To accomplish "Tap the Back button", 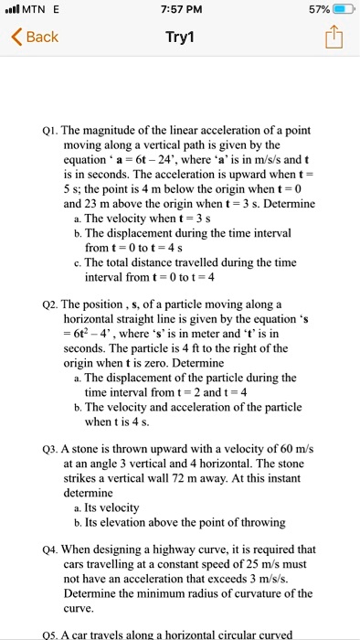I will click(35, 37).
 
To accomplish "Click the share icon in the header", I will click(332, 37).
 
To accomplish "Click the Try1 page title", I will click(180, 37).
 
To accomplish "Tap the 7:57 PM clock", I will click(180, 9).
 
